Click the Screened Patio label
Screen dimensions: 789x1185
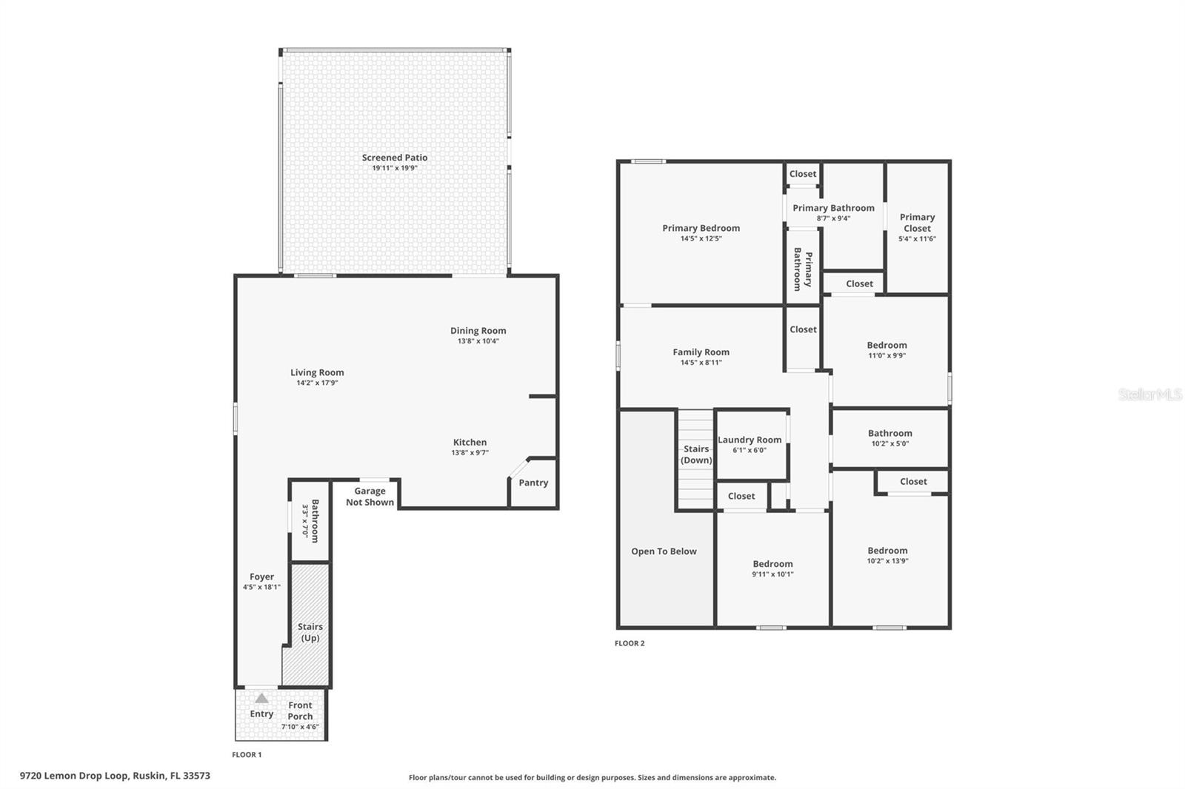pos(394,158)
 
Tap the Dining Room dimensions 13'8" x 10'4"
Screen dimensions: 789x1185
pos(478,341)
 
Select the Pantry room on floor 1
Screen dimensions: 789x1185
pos(533,483)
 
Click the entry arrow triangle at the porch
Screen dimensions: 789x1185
pos(261,698)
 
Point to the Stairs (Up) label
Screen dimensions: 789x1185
pos(310,632)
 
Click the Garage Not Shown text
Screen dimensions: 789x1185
pos(370,497)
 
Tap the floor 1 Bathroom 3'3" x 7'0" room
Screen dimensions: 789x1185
pos(310,521)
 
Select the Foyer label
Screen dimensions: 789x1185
pos(261,577)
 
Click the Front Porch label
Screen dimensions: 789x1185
pos(300,711)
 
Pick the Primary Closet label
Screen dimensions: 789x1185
pos(917,222)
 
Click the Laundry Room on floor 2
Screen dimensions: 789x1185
pos(750,440)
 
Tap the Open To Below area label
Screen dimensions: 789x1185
pos(664,551)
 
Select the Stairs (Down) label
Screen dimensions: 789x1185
pos(696,454)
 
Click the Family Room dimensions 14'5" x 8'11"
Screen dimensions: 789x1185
pos(701,363)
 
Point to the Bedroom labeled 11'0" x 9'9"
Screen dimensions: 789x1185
pos(887,346)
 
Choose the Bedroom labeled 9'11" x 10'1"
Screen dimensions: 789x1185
pos(772,564)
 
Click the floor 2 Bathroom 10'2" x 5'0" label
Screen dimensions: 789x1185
pos(889,434)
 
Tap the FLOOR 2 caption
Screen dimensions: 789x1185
pos(630,643)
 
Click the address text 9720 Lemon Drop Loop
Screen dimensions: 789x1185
pos(75,776)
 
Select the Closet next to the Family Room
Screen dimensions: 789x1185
pos(803,329)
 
